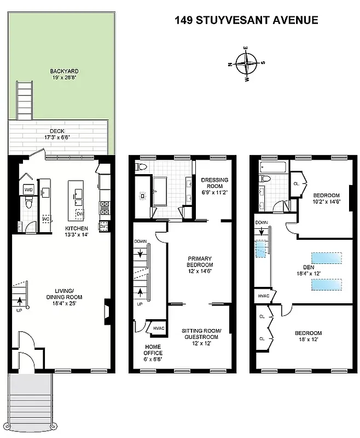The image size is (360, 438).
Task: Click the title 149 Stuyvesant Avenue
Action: [x=246, y=20]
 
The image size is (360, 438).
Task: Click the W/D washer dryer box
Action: [x=28, y=189]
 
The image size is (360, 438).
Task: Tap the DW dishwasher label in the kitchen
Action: [x=79, y=213]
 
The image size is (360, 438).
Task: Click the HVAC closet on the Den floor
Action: [x=263, y=296]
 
